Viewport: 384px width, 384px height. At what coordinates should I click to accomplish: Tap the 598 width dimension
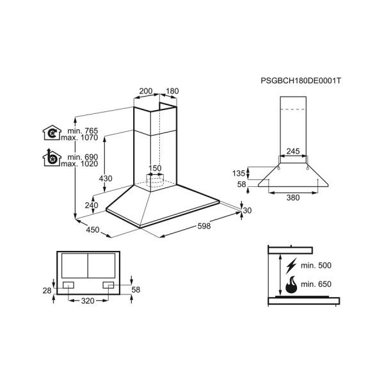tap(203, 225)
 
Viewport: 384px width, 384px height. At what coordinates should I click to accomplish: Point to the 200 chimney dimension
tap(146, 91)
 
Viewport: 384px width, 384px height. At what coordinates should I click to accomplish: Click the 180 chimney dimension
tap(172, 91)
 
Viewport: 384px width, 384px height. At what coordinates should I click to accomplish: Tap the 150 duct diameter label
tap(156, 168)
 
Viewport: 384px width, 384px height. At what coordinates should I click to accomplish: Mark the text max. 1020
tap(75, 164)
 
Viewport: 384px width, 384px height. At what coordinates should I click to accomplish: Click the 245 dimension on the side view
tap(292, 152)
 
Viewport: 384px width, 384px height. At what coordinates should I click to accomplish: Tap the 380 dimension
tap(292, 198)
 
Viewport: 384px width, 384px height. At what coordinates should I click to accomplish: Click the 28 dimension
tap(47, 291)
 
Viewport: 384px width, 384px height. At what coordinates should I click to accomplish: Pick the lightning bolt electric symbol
tap(292, 264)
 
